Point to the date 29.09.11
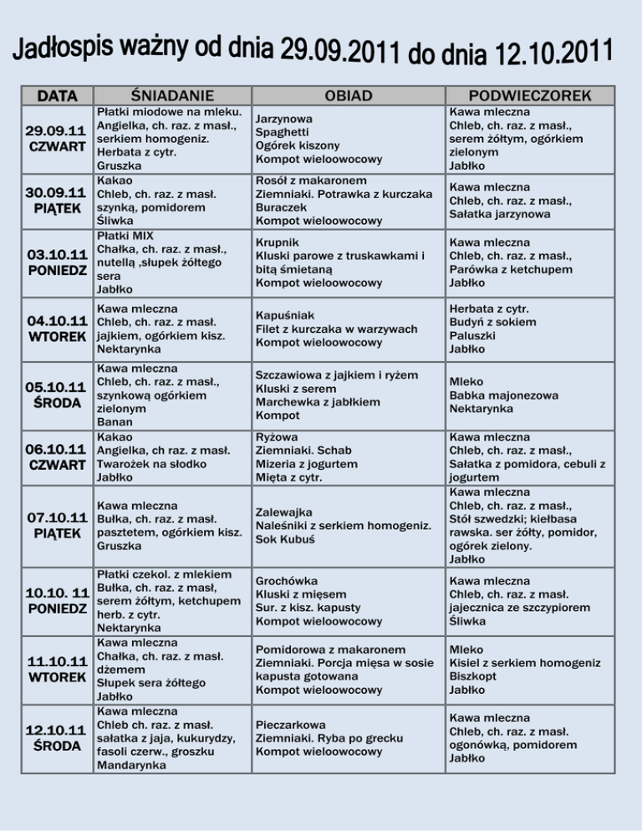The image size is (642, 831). (x=56, y=131)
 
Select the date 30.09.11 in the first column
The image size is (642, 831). (x=56, y=193)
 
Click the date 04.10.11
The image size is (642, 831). (x=56, y=320)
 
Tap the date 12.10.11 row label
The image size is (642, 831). (x=56, y=729)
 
